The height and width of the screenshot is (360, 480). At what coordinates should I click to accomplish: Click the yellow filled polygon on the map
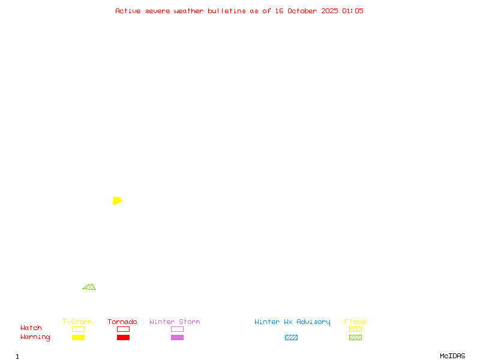pos(117,200)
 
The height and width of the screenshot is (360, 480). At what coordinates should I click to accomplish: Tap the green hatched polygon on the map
pos(90,287)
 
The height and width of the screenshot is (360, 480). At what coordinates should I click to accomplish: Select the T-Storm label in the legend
pos(77,322)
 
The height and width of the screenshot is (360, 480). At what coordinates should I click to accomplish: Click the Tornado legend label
pos(122,322)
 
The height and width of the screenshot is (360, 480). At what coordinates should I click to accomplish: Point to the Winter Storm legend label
pos(175,322)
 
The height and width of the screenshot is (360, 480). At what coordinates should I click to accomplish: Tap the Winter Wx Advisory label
pos(292,322)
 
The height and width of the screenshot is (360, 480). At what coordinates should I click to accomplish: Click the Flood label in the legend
pos(355,322)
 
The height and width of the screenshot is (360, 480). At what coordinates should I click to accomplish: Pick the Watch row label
pos(31,328)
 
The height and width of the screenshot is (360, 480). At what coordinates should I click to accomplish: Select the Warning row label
pos(35,337)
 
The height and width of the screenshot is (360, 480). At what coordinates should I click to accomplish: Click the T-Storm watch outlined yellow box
pos(78,329)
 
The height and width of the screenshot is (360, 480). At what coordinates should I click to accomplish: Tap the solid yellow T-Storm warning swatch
pos(78,337)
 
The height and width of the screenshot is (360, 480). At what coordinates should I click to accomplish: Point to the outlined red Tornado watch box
pos(123,329)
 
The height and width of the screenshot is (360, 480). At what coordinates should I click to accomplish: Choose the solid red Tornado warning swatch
pos(123,337)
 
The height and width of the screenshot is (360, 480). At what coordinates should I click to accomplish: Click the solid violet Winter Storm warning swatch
pos(177,337)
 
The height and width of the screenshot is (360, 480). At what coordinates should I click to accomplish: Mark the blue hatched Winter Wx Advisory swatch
pos(291,337)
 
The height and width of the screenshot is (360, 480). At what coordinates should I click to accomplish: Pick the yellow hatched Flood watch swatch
pos(355,329)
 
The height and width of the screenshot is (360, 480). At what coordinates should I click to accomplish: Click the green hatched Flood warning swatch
pos(355,337)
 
